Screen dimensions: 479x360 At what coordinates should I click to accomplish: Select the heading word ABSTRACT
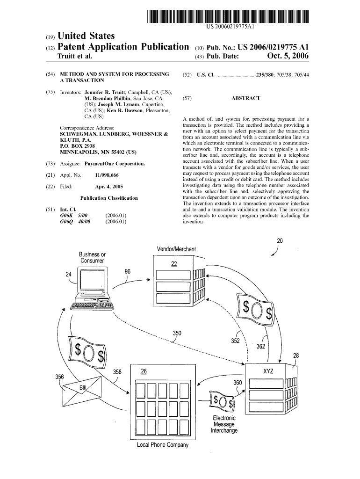coord(245,99)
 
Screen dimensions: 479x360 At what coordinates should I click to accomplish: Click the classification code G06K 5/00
coord(75,216)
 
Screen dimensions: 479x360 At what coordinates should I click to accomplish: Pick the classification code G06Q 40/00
coord(75,222)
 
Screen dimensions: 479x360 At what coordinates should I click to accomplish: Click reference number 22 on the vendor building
coord(174,264)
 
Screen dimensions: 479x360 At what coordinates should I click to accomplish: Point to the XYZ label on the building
coord(268,371)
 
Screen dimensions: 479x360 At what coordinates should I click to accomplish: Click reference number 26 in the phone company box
coord(144,371)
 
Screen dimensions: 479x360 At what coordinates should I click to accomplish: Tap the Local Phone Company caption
coord(162,445)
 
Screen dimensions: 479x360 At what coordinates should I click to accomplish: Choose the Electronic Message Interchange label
coord(224,424)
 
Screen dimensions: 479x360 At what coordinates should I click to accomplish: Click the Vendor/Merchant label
coord(177,249)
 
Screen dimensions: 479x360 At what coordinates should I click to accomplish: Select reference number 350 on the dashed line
coord(177,333)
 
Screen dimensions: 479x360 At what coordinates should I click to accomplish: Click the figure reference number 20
coord(280,241)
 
